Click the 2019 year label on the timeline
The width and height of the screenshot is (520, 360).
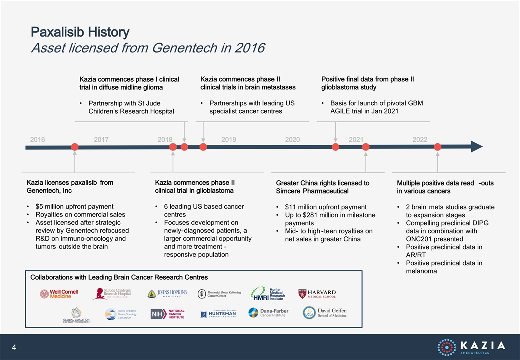pos(229,140)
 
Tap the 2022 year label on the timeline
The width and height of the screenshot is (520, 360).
pos(420,140)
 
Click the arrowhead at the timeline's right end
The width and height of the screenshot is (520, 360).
pos(477,147)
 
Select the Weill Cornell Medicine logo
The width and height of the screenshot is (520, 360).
pos(59,294)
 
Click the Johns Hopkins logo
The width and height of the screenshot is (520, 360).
pos(167,293)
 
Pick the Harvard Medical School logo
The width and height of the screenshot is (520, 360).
pos(317,294)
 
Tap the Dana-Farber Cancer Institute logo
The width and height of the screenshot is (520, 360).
pos(268,313)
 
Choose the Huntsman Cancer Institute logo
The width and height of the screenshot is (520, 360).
pos(218,314)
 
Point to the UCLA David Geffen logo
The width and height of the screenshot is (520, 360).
pos(325,313)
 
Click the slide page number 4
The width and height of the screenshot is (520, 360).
pos(14,347)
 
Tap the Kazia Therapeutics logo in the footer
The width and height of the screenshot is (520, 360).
pos(471,347)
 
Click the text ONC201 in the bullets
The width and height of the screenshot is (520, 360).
pos(418,239)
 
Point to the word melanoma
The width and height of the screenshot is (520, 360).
pos(421,271)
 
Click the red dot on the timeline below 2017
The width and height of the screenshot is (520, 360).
pos(75,147)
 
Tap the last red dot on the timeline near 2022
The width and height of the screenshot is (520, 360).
pos(438,147)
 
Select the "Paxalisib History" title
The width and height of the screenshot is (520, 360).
pos(80,32)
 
